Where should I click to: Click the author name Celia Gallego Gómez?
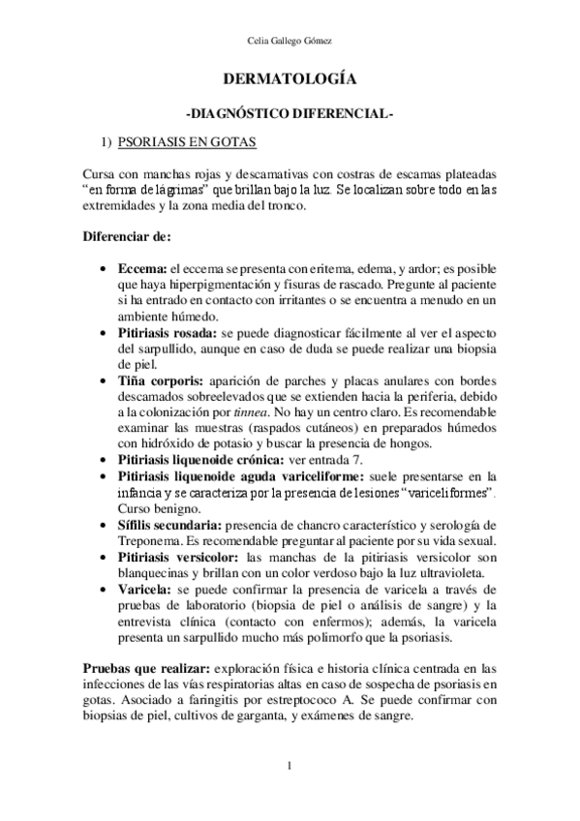[290, 40]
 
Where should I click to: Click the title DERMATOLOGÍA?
[290, 80]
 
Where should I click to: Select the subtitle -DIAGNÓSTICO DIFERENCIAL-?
[290, 113]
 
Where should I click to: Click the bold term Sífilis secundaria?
[168, 523]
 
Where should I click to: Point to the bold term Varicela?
[146, 590]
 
